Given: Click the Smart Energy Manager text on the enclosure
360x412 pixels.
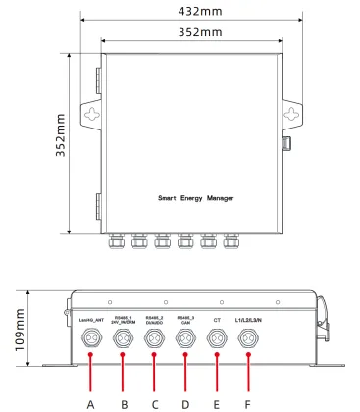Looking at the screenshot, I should [196, 197].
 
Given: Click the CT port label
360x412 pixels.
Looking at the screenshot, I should [217, 320].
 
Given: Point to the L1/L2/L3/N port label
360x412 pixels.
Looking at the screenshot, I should [248, 320].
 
